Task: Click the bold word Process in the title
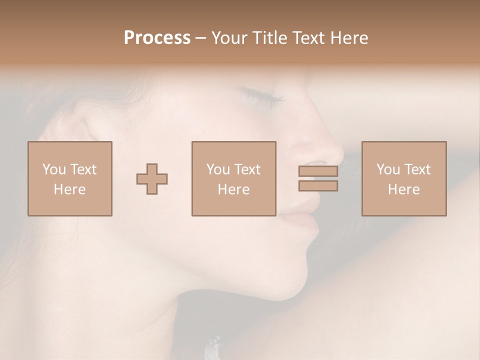(x=157, y=38)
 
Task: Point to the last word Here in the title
(x=350, y=38)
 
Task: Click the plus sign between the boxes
(x=152, y=179)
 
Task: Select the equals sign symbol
(x=318, y=178)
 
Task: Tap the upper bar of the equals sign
(x=318, y=171)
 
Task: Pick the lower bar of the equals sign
(x=318, y=186)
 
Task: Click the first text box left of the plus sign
(x=69, y=178)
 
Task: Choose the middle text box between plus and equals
(x=233, y=178)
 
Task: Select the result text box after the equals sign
(x=403, y=178)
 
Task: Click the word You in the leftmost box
(x=54, y=169)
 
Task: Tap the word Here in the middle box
(x=233, y=189)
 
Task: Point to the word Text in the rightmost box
(x=417, y=169)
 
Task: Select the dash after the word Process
(x=200, y=38)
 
